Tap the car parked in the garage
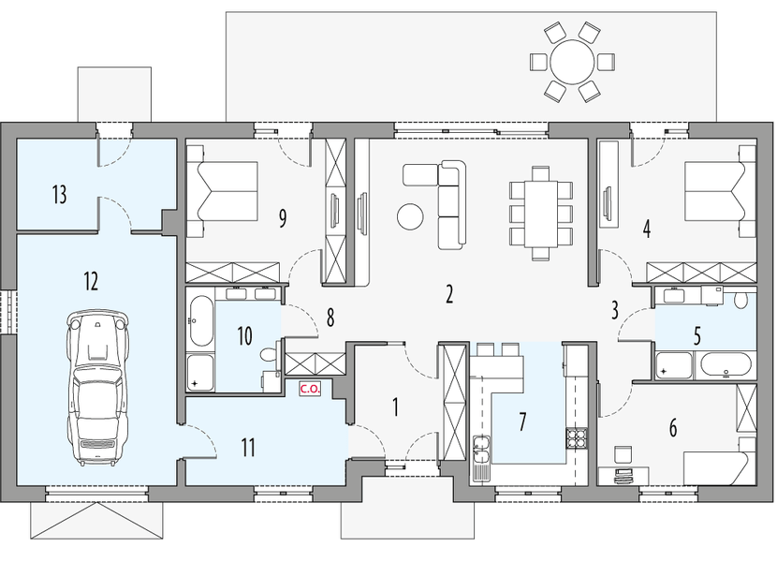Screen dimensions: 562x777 tap(97, 388)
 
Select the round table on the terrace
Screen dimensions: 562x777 tap(571, 63)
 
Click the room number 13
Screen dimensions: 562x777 tap(59, 195)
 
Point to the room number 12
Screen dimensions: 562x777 tap(90, 280)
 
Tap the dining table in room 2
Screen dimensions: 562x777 tap(540, 213)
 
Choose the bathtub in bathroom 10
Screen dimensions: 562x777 tap(199, 321)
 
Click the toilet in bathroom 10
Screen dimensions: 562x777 tap(269, 356)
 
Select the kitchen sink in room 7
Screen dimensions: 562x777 tap(481, 451)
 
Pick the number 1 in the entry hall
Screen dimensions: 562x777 tap(395, 407)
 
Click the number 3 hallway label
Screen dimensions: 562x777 tap(615, 309)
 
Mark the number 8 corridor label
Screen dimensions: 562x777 tap(330, 318)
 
